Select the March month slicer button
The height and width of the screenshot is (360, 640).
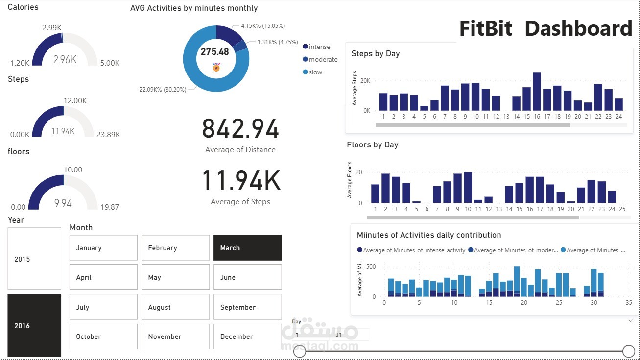pyautogui.click(x=247, y=248)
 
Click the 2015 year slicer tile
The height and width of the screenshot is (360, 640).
pyautogui.click(x=34, y=259)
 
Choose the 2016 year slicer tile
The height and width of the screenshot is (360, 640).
pyautogui.click(x=34, y=326)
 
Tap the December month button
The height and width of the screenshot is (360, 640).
pyautogui.click(x=247, y=336)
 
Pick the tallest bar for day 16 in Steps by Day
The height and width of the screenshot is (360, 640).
pyautogui.click(x=537, y=92)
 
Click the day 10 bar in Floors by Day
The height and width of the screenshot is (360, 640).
pyautogui.click(x=468, y=188)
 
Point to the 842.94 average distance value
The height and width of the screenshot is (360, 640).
pyautogui.click(x=240, y=129)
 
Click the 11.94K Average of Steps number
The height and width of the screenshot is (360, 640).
pyautogui.click(x=240, y=181)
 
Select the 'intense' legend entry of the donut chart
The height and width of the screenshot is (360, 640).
pyautogui.click(x=319, y=47)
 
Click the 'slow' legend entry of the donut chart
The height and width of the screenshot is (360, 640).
pyautogui.click(x=315, y=72)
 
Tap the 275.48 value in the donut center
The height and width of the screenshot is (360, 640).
pyautogui.click(x=214, y=52)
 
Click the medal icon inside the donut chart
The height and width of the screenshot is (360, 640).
pyautogui.click(x=216, y=67)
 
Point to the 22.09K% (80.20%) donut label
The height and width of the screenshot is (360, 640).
pyautogui.click(x=163, y=89)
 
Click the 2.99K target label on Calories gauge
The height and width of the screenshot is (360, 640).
pyautogui.click(x=51, y=28)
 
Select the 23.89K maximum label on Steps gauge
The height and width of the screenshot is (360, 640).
pyautogui.click(x=108, y=135)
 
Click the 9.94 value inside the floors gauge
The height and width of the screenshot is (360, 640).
pyautogui.click(x=63, y=203)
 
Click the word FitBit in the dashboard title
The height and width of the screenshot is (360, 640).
pyautogui.click(x=485, y=29)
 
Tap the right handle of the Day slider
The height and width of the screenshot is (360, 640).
pyautogui.click(x=628, y=351)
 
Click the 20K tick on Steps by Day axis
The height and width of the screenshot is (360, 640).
pyautogui.click(x=365, y=81)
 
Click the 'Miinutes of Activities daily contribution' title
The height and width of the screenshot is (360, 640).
pyautogui.click(x=428, y=235)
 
